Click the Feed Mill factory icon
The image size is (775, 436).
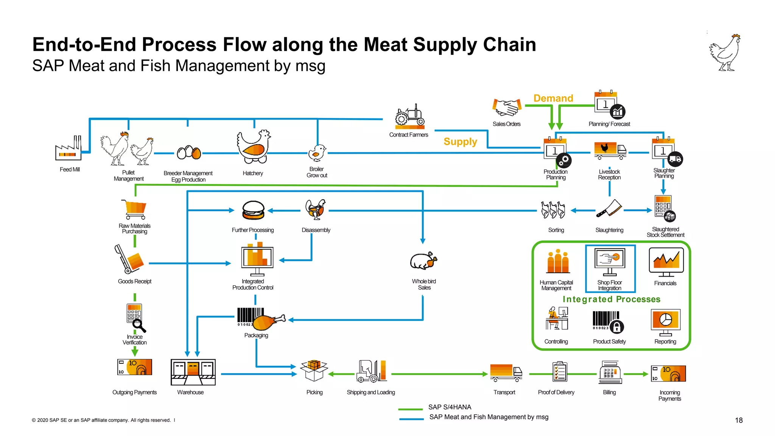point(68,148)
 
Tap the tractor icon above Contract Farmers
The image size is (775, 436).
point(409,116)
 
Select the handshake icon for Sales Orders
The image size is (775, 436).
point(507,107)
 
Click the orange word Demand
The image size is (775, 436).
point(553,98)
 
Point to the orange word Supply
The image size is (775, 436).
point(460,142)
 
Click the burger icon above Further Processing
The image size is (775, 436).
point(253,210)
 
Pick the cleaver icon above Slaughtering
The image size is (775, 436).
point(609,209)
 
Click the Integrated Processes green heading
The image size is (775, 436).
point(611,299)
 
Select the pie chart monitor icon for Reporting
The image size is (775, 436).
point(665,322)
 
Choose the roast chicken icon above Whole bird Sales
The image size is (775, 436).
point(423,261)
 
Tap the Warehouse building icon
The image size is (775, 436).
point(193,372)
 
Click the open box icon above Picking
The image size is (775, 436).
point(314,370)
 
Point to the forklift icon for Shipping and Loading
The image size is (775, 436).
point(371,371)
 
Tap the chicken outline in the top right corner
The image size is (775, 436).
point(725,53)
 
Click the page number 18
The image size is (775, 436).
point(738,420)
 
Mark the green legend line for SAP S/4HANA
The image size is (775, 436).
point(410,409)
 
